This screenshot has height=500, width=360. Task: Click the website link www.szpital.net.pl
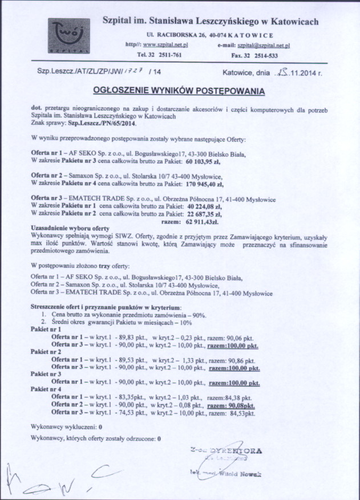tap(165, 44)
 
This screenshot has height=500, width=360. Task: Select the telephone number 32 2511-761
tap(164, 55)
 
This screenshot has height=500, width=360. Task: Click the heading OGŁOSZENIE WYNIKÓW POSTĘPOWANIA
tap(179, 91)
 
